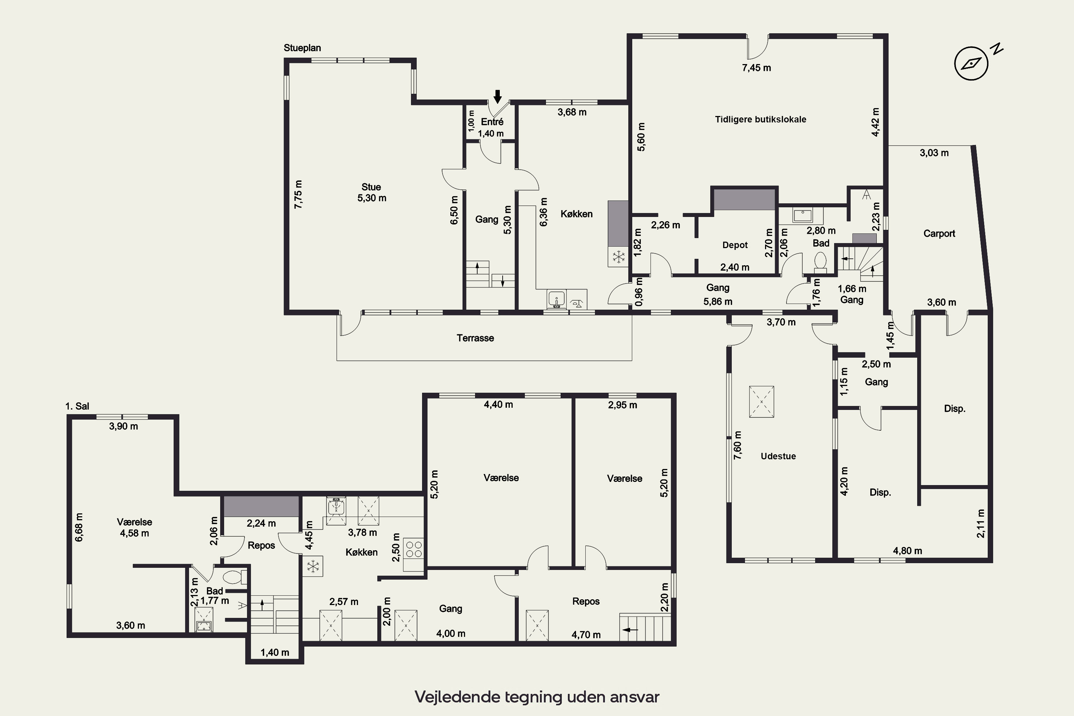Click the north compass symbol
[972, 63]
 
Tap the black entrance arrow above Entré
[498, 96]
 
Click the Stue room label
[371, 187]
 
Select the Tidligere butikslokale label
[760, 119]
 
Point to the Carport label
[939, 233]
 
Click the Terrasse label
[475, 338]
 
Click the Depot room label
[735, 245]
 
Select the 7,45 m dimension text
[757, 68]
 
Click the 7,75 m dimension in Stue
[298, 194]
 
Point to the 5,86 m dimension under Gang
[718, 301]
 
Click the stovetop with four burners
[414, 549]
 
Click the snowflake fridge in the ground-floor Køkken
[619, 257]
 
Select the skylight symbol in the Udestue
[762, 402]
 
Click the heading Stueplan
[302, 48]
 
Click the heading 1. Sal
[77, 406]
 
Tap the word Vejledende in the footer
[457, 697]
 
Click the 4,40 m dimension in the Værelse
[498, 405]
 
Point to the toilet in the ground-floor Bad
[820, 262]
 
